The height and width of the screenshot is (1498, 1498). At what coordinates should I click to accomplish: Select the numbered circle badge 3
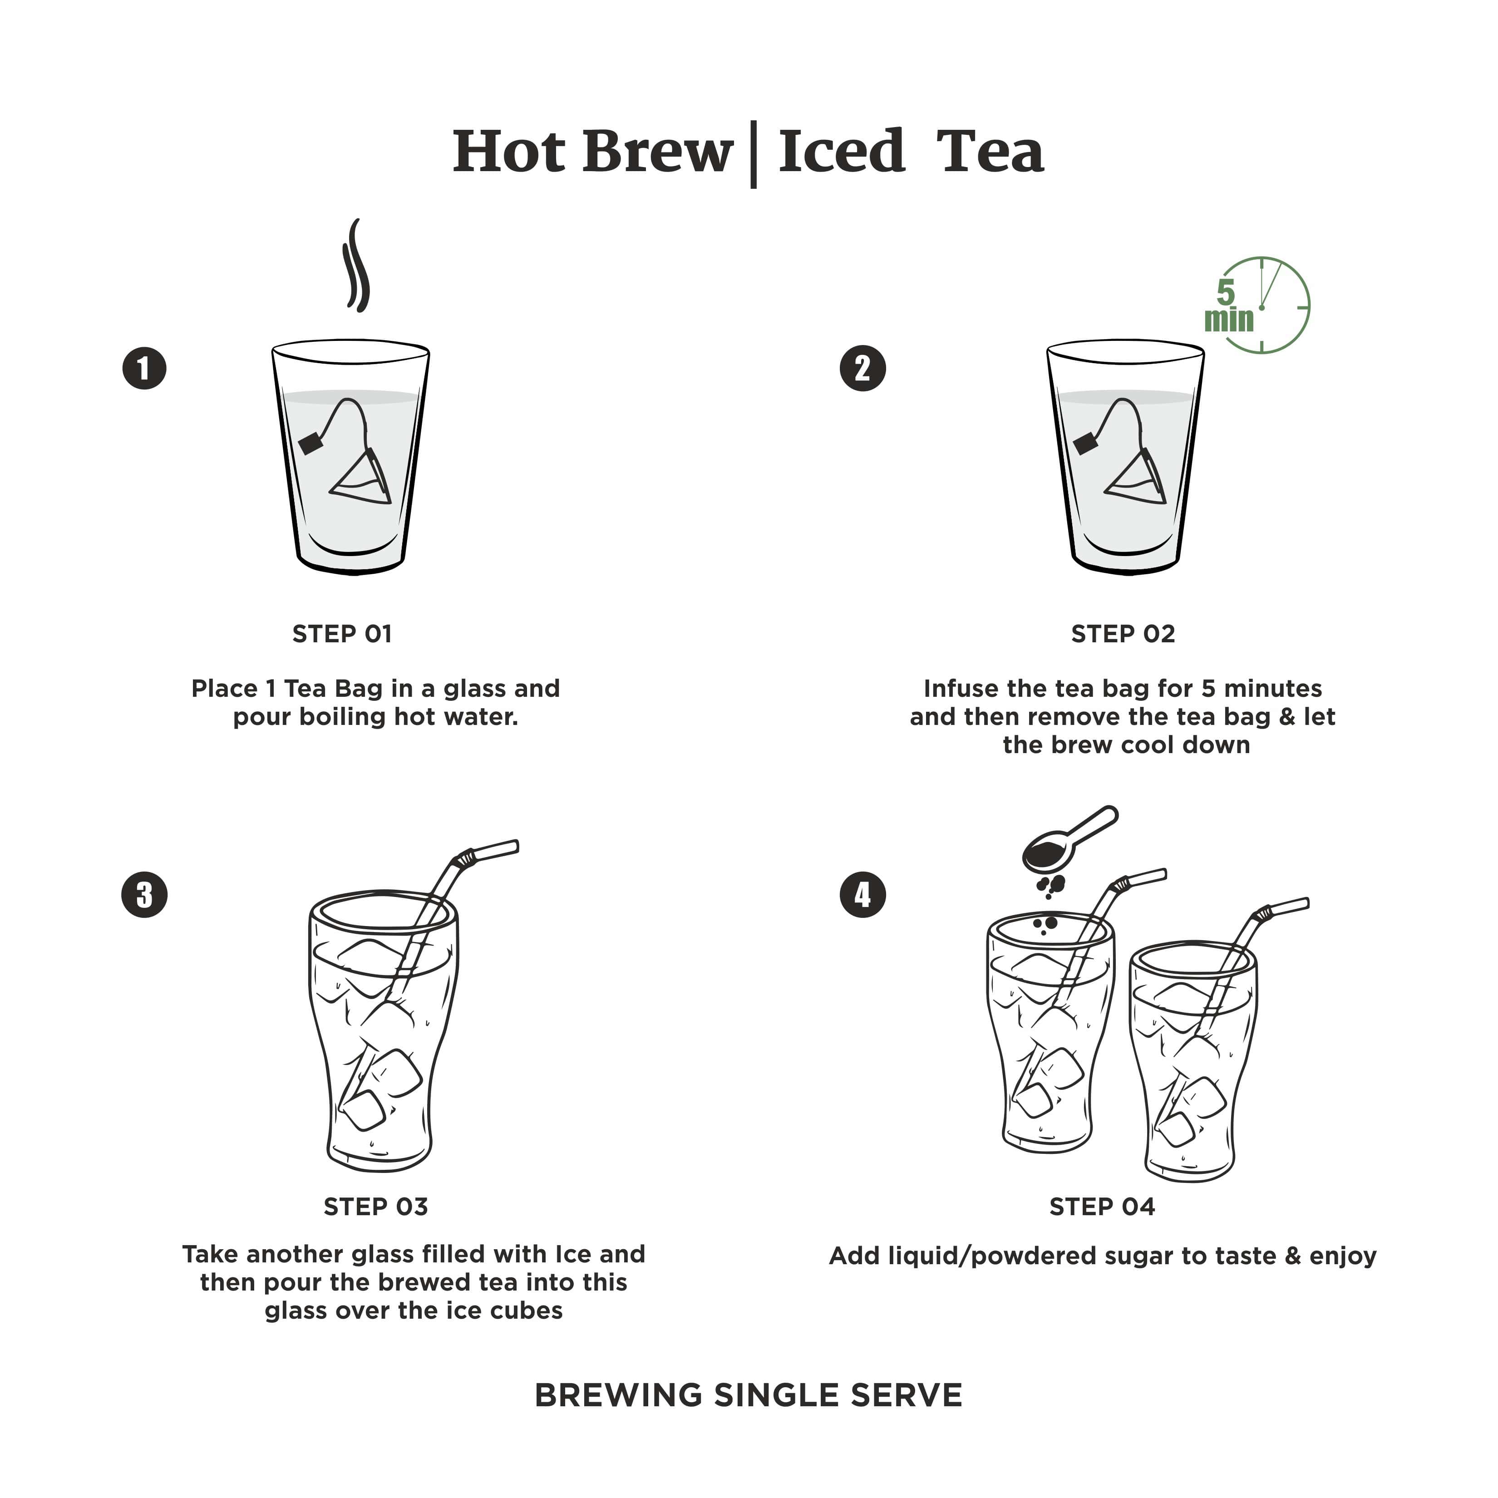click(144, 895)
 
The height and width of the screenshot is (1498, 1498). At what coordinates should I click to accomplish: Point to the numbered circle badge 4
click(863, 895)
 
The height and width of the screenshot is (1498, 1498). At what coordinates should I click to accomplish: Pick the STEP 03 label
click(375, 1207)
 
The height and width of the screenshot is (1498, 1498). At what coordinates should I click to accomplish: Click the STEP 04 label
click(1102, 1207)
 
